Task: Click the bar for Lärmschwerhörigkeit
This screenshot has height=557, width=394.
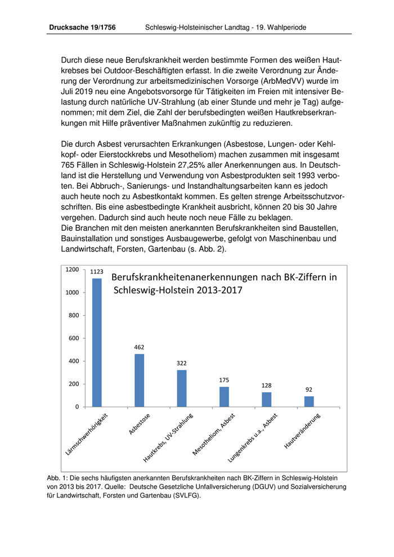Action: click(x=97, y=342)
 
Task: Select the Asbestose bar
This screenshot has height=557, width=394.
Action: click(x=139, y=380)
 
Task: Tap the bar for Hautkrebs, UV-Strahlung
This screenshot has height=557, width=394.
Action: click(x=182, y=388)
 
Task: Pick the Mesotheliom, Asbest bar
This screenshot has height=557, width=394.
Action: click(x=224, y=397)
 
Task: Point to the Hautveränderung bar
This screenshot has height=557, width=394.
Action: click(x=309, y=401)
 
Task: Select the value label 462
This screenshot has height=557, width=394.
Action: click(x=139, y=348)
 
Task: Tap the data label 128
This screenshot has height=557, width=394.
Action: click(x=266, y=386)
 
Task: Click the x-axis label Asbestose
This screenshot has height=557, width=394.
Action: click(x=138, y=424)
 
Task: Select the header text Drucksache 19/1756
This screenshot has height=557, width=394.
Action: click(x=82, y=26)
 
